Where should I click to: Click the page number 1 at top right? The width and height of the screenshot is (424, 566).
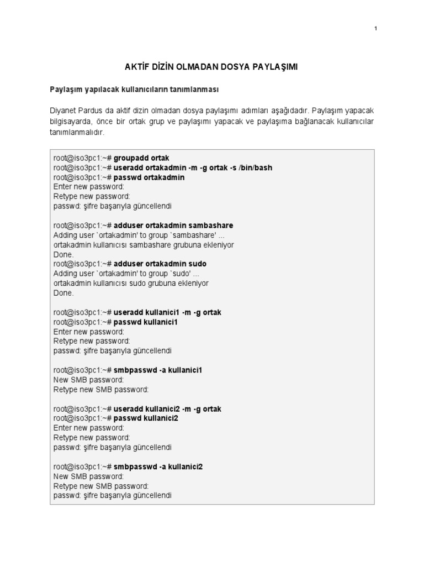(x=375, y=29)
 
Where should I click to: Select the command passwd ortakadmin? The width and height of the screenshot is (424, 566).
(x=149, y=177)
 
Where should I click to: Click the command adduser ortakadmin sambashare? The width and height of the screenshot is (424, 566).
(x=173, y=226)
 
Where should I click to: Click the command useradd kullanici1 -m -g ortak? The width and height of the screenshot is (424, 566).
(x=167, y=312)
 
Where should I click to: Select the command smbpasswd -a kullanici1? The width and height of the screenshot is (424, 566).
(x=158, y=370)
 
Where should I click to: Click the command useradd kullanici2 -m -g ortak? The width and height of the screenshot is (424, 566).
(x=167, y=408)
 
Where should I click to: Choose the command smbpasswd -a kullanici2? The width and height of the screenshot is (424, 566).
(x=158, y=467)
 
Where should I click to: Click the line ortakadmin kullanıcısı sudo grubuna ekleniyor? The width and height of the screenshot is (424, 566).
(x=131, y=283)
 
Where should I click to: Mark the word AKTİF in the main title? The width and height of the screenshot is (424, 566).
(x=139, y=67)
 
